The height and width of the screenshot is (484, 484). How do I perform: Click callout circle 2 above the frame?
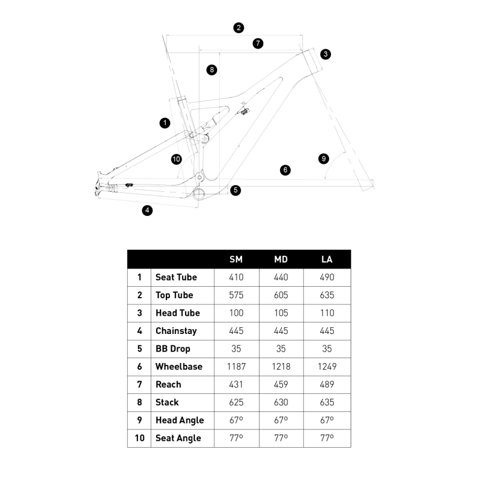(239, 27)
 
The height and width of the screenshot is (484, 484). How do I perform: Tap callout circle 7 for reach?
(258, 43)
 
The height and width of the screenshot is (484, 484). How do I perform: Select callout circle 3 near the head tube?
(325, 54)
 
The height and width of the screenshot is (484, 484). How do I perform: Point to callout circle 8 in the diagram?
(211, 70)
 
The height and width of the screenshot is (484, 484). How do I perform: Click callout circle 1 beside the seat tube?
(165, 123)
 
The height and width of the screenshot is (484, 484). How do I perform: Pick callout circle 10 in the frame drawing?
(176, 159)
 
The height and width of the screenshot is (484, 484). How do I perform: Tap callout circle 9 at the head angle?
(324, 159)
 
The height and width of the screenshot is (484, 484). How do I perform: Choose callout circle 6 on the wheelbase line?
(286, 170)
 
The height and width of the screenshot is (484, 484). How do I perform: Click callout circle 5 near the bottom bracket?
(235, 190)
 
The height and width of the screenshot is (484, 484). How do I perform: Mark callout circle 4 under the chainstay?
(147, 211)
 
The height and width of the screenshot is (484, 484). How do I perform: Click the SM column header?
(236, 260)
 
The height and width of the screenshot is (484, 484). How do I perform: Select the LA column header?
(327, 260)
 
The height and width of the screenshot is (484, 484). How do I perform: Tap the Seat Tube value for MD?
(281, 277)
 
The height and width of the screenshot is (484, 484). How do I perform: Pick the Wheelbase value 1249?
(327, 367)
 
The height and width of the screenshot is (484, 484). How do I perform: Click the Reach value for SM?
(236, 384)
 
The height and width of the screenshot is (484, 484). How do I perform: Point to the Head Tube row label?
(177, 313)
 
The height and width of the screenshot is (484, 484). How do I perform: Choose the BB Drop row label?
(172, 348)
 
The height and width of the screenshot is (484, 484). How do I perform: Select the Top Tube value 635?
(327, 295)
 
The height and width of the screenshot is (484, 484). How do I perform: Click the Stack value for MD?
(281, 402)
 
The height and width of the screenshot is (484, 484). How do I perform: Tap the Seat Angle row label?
(178, 438)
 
